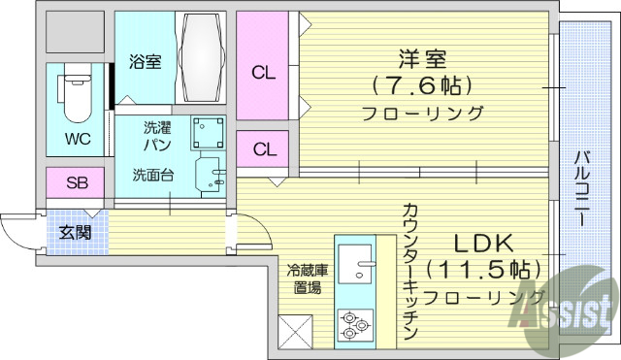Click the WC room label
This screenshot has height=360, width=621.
(78, 139)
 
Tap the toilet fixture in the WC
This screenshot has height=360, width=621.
(75, 93)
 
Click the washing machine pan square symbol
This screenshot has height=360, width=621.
(207, 132)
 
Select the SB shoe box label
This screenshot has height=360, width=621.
(77, 181)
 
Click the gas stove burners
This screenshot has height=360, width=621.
(356, 326)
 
